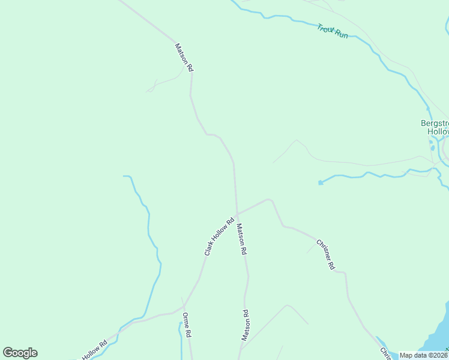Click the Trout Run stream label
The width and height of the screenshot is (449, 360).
coord(332,31)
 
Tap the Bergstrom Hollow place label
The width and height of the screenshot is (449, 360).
coord(434,127)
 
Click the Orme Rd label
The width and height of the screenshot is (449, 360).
coord(187,325)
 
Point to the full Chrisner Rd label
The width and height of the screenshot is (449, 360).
coord(325,254)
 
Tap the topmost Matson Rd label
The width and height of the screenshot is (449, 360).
coord(184,58)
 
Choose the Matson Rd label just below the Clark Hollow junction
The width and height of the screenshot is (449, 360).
coord(241,239)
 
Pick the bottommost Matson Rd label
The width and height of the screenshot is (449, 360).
coord(246,325)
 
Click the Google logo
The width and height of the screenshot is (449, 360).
coord(20,353)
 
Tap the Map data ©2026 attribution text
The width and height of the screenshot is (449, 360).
coord(423,355)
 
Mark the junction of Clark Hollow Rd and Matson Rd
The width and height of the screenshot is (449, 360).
coord(237,213)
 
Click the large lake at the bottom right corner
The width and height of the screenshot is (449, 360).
coord(437,339)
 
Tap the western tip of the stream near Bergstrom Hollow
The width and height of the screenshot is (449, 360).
coord(320,182)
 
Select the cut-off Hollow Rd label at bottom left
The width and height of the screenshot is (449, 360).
coord(95,350)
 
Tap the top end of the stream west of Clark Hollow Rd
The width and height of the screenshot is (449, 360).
coord(125,176)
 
